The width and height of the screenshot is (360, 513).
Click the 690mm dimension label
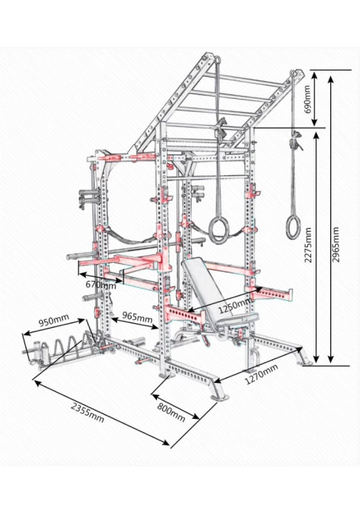click(x=308, y=99)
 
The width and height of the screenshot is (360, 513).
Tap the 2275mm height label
click(x=308, y=245)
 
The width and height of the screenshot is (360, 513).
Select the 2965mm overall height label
click(x=335, y=245)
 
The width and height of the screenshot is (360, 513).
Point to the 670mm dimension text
click(x=101, y=285)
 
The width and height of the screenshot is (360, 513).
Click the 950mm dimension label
click(x=54, y=320)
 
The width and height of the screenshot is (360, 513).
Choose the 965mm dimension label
click(x=137, y=317)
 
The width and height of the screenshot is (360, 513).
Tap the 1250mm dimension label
click(x=235, y=306)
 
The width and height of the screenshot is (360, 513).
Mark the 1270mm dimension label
click(x=261, y=374)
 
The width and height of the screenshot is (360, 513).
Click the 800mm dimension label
click(x=171, y=412)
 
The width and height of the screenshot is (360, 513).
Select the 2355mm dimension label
click(x=88, y=413)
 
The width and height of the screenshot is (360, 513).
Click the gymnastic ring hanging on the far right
click(x=293, y=227)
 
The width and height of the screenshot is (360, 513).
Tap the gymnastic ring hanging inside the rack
click(x=218, y=230)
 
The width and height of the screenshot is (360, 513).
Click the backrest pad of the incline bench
click(x=203, y=286)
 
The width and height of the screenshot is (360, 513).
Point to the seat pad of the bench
click(x=237, y=319)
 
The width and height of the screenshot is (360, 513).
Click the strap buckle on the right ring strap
click(x=296, y=140)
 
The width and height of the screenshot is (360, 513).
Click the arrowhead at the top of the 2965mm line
click(x=331, y=80)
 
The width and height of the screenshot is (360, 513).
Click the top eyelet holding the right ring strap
click(x=293, y=73)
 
